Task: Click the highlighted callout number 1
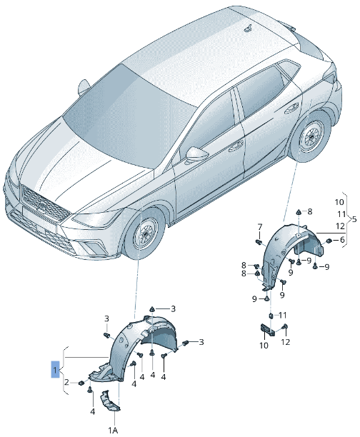[55, 371]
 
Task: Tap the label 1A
[113, 430]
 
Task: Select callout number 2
[66, 383]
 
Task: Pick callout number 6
[342, 241]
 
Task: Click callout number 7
[260, 226]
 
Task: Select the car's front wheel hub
[146, 235]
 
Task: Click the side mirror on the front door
[196, 155]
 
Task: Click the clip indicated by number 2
[81, 384]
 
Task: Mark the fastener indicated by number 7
[260, 238]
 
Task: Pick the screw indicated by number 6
[328, 241]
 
